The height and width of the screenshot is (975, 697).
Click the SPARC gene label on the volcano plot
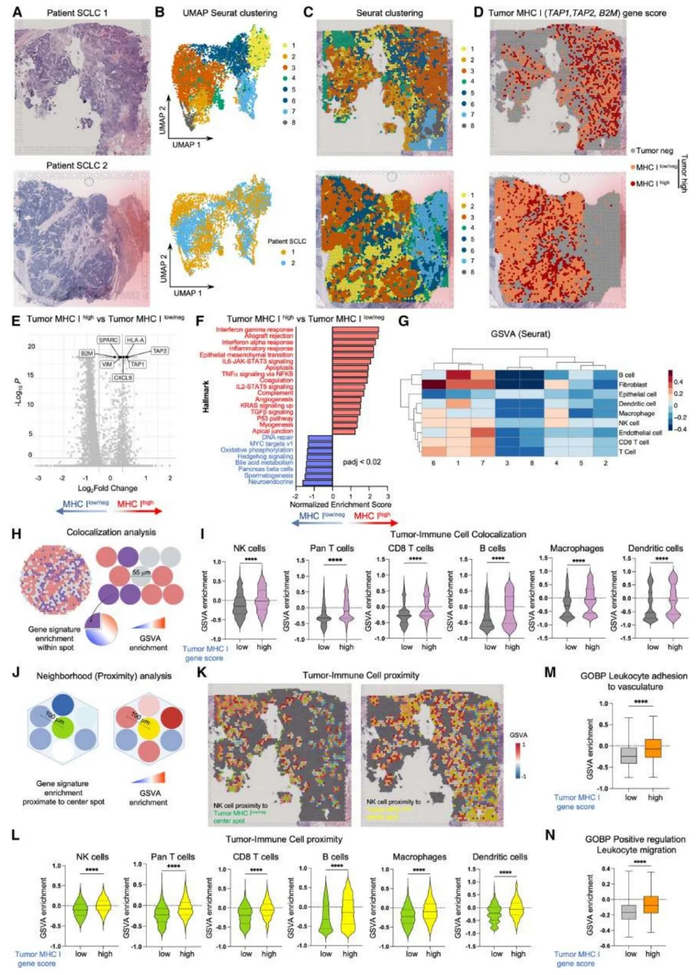click(x=108, y=340)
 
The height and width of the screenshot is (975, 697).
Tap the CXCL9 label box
click(x=123, y=378)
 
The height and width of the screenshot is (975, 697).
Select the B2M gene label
click(x=87, y=353)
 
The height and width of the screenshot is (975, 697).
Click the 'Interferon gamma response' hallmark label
click(x=254, y=330)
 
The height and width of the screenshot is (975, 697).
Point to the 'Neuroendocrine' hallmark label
click(x=270, y=482)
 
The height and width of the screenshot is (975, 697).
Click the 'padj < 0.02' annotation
click(x=362, y=462)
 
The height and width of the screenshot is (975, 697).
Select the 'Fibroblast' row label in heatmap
click(x=633, y=385)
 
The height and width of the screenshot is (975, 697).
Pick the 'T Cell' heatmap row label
click(x=627, y=452)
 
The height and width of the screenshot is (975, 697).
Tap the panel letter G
click(x=404, y=321)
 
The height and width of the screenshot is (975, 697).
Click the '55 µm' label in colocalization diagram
click(x=141, y=573)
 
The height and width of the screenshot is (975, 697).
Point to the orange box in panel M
click(x=654, y=748)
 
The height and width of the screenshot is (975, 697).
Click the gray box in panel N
click(x=628, y=912)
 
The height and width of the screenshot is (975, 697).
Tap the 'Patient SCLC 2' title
click(x=77, y=165)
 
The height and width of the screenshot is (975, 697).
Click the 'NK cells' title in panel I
click(x=249, y=548)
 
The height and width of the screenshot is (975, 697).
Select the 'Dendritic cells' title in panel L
click(x=499, y=857)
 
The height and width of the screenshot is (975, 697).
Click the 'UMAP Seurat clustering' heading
click(x=230, y=13)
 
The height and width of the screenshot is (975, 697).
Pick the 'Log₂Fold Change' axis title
click(x=107, y=488)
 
